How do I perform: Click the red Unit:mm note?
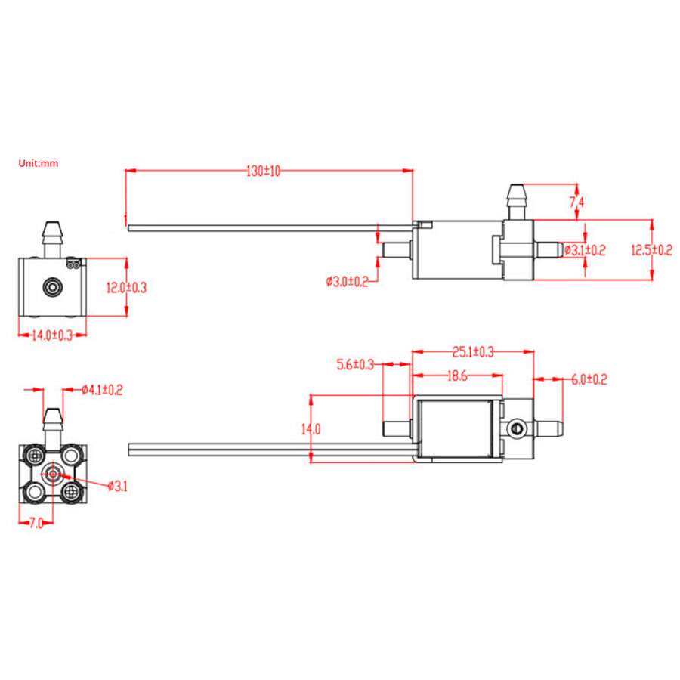point(39,162)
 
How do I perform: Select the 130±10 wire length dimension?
point(264,172)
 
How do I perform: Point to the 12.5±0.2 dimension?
point(652,250)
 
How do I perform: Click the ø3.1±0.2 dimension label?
point(585,250)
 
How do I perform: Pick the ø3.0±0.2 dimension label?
point(347,282)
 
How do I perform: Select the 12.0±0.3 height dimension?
point(126,287)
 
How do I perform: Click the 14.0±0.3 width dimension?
point(51,336)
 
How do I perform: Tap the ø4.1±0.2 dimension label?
point(102,390)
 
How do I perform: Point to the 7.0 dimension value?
point(36,522)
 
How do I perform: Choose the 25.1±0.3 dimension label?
point(473,351)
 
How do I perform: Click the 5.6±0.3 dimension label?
point(355,364)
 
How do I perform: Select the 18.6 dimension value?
point(457,376)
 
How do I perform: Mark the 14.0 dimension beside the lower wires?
point(311,429)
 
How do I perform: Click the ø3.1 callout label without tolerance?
point(117,486)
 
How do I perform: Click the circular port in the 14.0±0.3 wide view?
point(52,287)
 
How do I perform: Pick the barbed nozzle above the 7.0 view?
point(52,425)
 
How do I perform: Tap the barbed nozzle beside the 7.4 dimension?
point(517,200)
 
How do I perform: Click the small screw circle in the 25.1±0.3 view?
point(517,429)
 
